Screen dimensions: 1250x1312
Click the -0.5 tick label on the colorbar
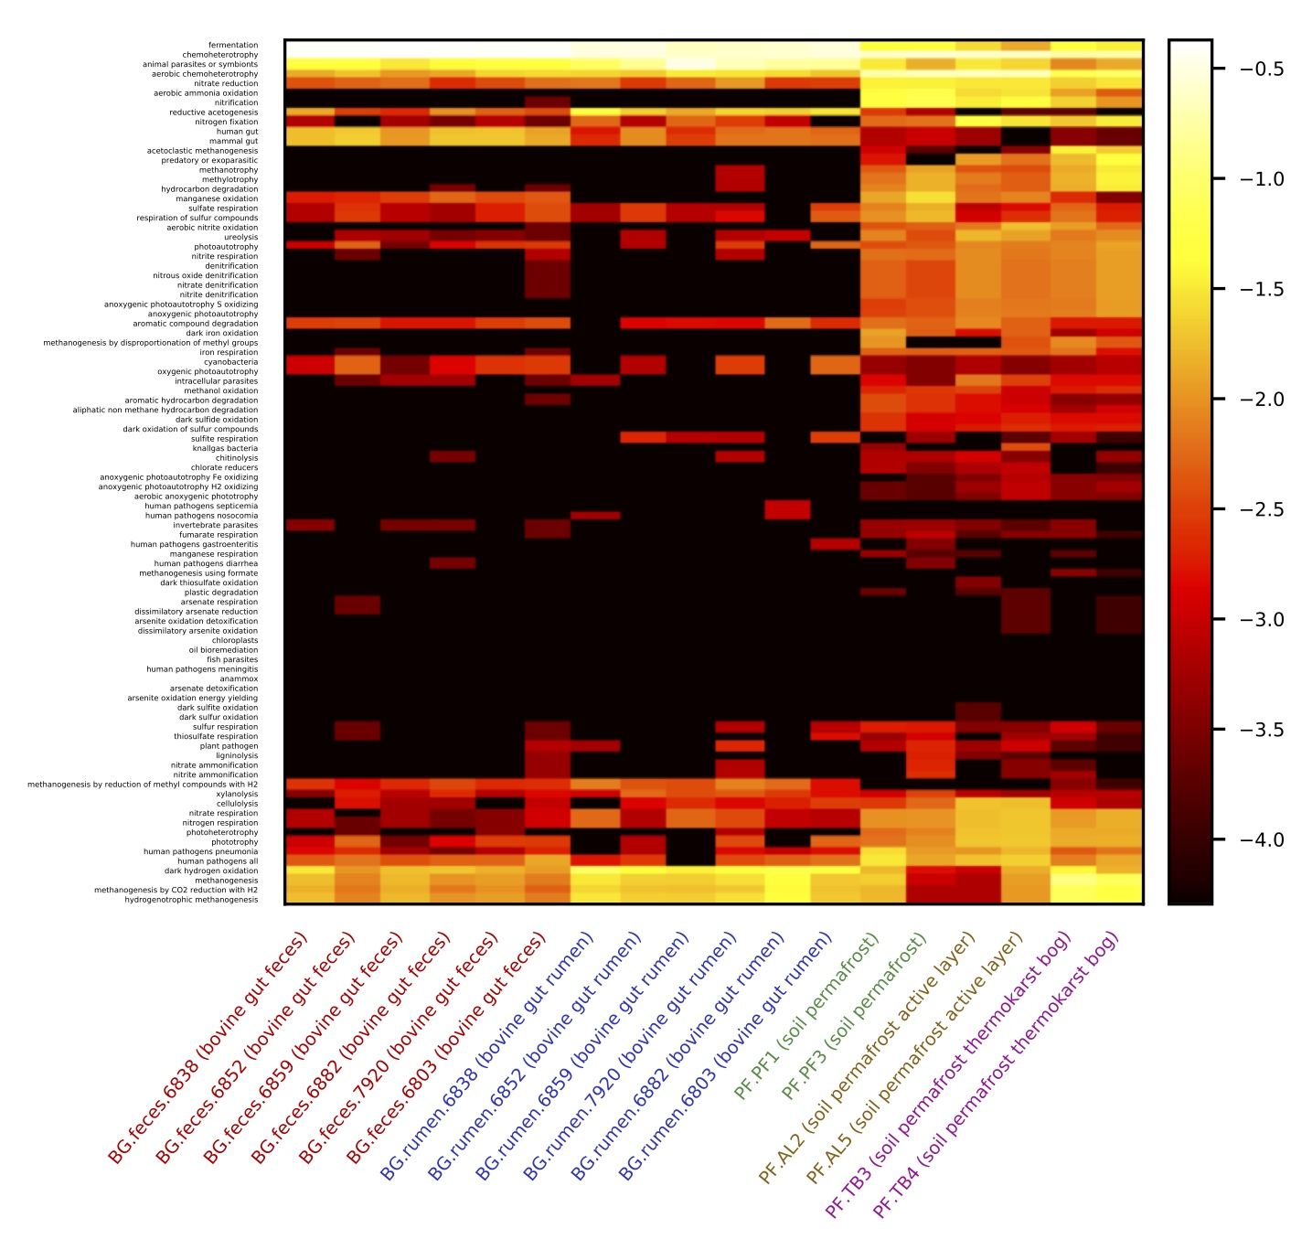tap(1262, 69)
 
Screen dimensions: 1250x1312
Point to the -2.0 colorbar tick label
tap(1262, 400)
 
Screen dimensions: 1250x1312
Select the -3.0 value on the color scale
tap(1262, 620)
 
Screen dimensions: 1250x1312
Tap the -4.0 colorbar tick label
tap(1262, 839)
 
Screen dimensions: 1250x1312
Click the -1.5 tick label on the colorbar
tap(1262, 289)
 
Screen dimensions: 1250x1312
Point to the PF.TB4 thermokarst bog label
tap(996, 1075)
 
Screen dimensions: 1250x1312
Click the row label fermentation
tap(233, 45)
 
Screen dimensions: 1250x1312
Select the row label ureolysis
tap(240, 238)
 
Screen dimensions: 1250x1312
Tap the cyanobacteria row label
tap(231, 362)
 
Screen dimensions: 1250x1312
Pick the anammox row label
tap(239, 678)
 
